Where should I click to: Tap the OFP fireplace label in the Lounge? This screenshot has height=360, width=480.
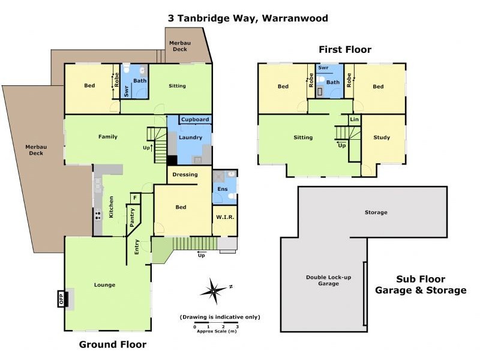61,298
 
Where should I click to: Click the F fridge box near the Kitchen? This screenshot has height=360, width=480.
135,197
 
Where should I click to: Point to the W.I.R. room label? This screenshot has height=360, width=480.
224,217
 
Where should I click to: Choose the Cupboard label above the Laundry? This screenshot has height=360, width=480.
195,119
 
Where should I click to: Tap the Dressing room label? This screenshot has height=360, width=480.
185,175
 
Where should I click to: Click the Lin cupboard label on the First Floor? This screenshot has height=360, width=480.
355,120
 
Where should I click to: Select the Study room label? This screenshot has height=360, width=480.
382,137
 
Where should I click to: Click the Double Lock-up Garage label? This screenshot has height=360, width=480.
323,280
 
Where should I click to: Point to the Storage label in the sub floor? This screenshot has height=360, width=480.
376,212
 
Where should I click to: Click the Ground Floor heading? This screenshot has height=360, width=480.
113,344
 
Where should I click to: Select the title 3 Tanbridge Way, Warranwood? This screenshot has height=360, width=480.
247,18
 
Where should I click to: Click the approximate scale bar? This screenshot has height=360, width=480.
216,327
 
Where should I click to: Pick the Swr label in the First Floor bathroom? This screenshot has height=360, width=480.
323,68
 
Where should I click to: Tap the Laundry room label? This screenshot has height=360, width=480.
190,137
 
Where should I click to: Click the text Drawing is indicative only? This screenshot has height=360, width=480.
220,317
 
